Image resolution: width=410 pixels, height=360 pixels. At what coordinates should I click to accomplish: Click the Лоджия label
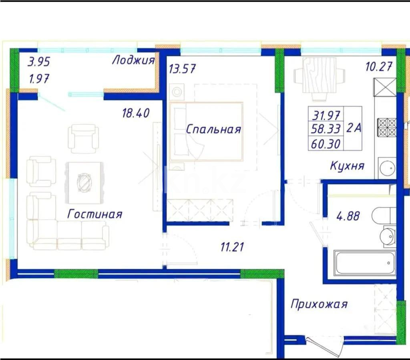[133, 60]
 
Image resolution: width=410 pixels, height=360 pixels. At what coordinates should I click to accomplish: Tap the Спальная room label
[213, 129]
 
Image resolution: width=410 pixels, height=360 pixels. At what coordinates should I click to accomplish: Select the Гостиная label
[94, 214]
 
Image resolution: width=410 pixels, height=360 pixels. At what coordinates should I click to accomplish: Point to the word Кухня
[347, 166]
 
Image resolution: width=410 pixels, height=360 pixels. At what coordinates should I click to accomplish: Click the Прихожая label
[319, 304]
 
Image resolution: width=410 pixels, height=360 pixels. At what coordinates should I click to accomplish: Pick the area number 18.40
[136, 113]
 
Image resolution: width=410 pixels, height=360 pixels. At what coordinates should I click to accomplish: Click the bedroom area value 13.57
[182, 69]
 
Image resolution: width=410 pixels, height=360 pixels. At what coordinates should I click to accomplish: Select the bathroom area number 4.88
[348, 216]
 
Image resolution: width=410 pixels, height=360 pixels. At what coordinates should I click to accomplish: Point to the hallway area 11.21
[232, 247]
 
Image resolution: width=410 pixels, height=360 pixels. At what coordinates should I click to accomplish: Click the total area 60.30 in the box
[326, 144]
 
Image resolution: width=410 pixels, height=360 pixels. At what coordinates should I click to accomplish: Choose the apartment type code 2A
[354, 128]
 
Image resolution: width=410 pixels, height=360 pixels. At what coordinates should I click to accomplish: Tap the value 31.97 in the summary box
[326, 115]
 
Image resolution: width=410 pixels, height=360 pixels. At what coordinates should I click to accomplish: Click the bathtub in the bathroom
[365, 263]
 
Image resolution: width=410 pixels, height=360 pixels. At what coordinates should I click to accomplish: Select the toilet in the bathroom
[384, 216]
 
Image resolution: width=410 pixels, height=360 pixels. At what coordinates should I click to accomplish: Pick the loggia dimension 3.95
[39, 62]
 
